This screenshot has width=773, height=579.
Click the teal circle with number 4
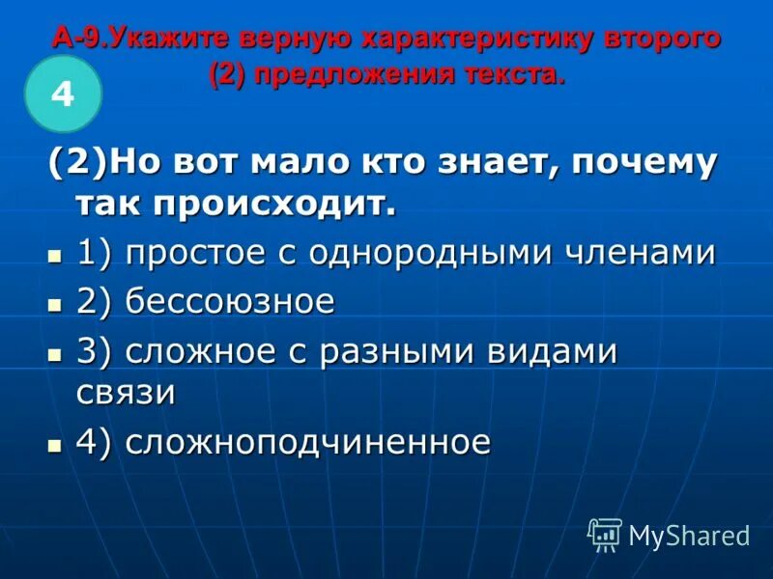[63, 94]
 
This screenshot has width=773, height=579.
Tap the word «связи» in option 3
[126, 392]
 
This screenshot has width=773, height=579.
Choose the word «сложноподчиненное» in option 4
[308, 443]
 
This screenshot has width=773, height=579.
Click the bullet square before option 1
[54, 256]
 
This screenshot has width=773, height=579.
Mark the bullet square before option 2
[54, 305]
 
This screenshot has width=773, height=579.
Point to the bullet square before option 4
[54, 446]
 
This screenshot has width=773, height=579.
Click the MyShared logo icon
[605, 535]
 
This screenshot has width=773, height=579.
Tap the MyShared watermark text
[689, 536]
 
